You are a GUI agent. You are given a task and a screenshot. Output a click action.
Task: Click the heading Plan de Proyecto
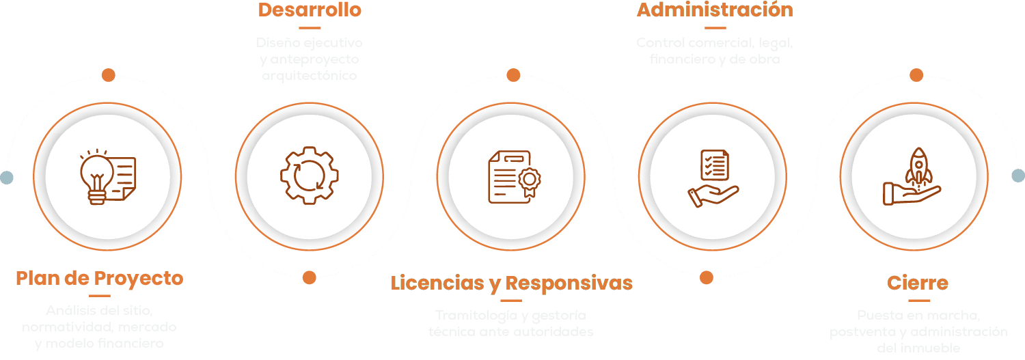(x=100, y=279)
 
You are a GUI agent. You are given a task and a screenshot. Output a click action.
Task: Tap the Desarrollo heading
(x=310, y=10)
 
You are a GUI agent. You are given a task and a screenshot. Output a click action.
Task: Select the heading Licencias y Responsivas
(x=511, y=283)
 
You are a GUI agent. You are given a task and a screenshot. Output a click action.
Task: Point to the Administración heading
(x=715, y=10)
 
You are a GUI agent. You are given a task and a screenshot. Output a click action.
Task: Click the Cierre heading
(x=918, y=283)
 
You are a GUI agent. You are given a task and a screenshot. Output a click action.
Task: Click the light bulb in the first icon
(x=96, y=174)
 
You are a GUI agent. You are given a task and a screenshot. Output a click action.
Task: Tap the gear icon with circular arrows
(x=309, y=176)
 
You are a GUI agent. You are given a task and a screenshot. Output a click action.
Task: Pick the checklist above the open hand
(x=715, y=165)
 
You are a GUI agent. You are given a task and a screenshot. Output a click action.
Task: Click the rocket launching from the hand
(x=918, y=166)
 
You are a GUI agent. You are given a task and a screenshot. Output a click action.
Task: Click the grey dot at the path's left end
(x=7, y=178)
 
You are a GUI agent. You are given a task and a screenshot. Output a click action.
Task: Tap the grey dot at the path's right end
(x=1018, y=176)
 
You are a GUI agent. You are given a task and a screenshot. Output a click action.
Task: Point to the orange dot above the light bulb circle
(x=108, y=75)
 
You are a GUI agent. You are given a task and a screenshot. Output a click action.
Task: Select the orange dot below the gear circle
(x=309, y=277)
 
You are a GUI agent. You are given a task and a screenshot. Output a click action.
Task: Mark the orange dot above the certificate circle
(x=513, y=75)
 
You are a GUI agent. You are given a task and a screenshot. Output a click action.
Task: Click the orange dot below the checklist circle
(x=707, y=277)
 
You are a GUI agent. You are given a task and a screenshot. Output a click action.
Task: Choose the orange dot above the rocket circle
(x=916, y=75)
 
